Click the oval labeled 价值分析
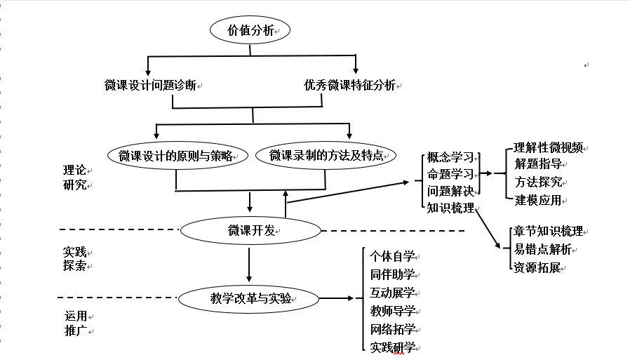pyautogui.click(x=250, y=30)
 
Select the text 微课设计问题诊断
pyautogui.click(x=149, y=86)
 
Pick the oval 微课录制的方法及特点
pyautogui.click(x=326, y=155)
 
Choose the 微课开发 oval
pyautogui.click(x=250, y=230)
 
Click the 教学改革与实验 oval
pyautogui.click(x=250, y=298)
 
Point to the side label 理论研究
pyautogui.click(x=74, y=178)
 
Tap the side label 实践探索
pyautogui.click(x=74, y=259)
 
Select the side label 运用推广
pyautogui.click(x=74, y=324)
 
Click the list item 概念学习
pyautogui.click(x=450, y=156)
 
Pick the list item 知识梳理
pyautogui.click(x=450, y=208)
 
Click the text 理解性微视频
pyautogui.click(x=548, y=148)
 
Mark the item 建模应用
pyautogui.click(x=538, y=200)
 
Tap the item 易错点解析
pyautogui.click(x=542, y=249)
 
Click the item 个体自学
pyautogui.click(x=393, y=256)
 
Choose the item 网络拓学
pyautogui.click(x=393, y=329)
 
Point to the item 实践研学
pyautogui.click(x=393, y=347)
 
